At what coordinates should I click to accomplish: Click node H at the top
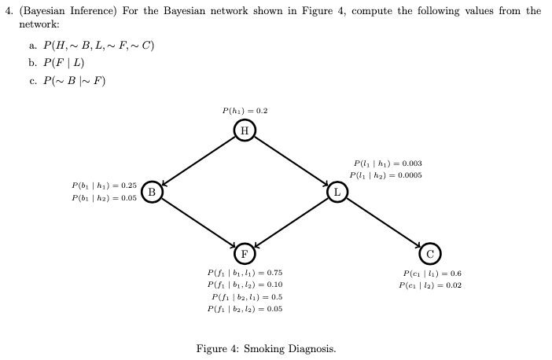click(245, 130)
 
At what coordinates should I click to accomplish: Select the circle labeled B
click(152, 191)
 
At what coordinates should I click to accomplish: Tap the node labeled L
click(337, 191)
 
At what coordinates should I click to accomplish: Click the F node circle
click(245, 253)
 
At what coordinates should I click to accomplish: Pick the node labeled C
click(430, 253)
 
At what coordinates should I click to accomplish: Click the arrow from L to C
click(384, 222)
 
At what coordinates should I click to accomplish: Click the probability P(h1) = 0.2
click(245, 111)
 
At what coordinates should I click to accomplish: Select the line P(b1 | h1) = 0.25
click(104, 186)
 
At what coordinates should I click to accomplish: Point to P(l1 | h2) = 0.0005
click(388, 175)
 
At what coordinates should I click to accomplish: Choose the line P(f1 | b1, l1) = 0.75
click(245, 272)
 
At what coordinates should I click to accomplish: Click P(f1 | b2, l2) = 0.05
click(245, 309)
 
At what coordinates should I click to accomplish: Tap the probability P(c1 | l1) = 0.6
click(432, 273)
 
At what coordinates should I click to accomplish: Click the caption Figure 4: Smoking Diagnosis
click(266, 348)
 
